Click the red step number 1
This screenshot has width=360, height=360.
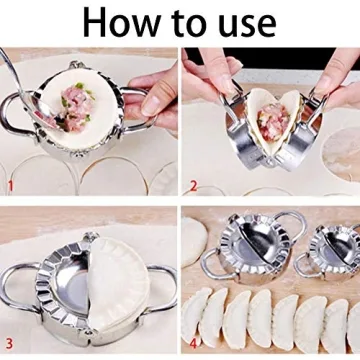pyautogui.click(x=11, y=186)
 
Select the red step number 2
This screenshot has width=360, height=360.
pyautogui.click(x=193, y=186)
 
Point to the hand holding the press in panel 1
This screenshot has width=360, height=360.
pyautogui.click(x=150, y=95)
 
